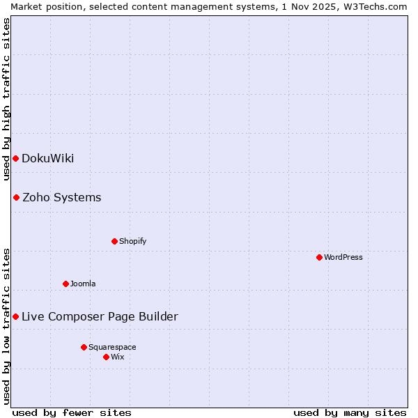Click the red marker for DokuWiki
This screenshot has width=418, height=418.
click(15, 158)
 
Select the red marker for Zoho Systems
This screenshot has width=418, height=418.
click(16, 197)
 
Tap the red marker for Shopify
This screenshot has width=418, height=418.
click(114, 241)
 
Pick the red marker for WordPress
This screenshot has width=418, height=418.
click(319, 257)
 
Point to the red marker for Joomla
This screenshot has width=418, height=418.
click(65, 284)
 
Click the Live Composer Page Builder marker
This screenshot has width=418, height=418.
click(15, 316)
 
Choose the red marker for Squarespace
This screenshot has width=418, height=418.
click(84, 347)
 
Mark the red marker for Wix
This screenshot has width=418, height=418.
click(106, 357)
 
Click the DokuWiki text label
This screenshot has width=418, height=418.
click(47, 158)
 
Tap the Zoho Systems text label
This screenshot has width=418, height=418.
click(61, 197)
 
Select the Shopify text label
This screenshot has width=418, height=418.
click(132, 241)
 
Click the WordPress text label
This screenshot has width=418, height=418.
click(343, 257)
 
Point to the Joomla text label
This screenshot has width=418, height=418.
click(83, 284)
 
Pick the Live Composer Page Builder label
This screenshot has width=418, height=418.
click(100, 316)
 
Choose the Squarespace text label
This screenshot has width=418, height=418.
click(112, 347)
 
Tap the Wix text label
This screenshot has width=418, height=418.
click(117, 357)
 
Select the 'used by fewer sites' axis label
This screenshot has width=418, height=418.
click(72, 412)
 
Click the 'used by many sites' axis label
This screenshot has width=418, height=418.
click(350, 412)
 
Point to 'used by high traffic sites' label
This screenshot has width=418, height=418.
click(6, 99)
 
